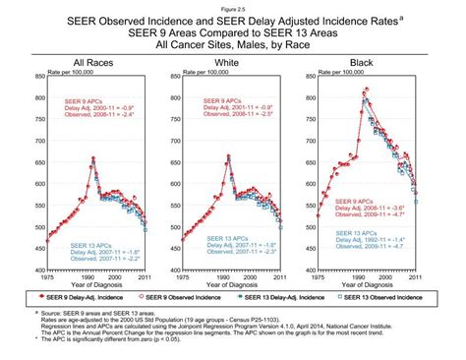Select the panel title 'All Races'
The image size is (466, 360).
(x=91, y=62)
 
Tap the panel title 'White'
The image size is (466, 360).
(x=227, y=62)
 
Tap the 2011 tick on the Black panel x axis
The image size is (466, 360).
(x=416, y=278)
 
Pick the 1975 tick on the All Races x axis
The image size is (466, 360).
(x=46, y=278)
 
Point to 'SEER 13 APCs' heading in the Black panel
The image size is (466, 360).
(x=358, y=233)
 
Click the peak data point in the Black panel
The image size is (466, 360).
(x=366, y=90)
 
